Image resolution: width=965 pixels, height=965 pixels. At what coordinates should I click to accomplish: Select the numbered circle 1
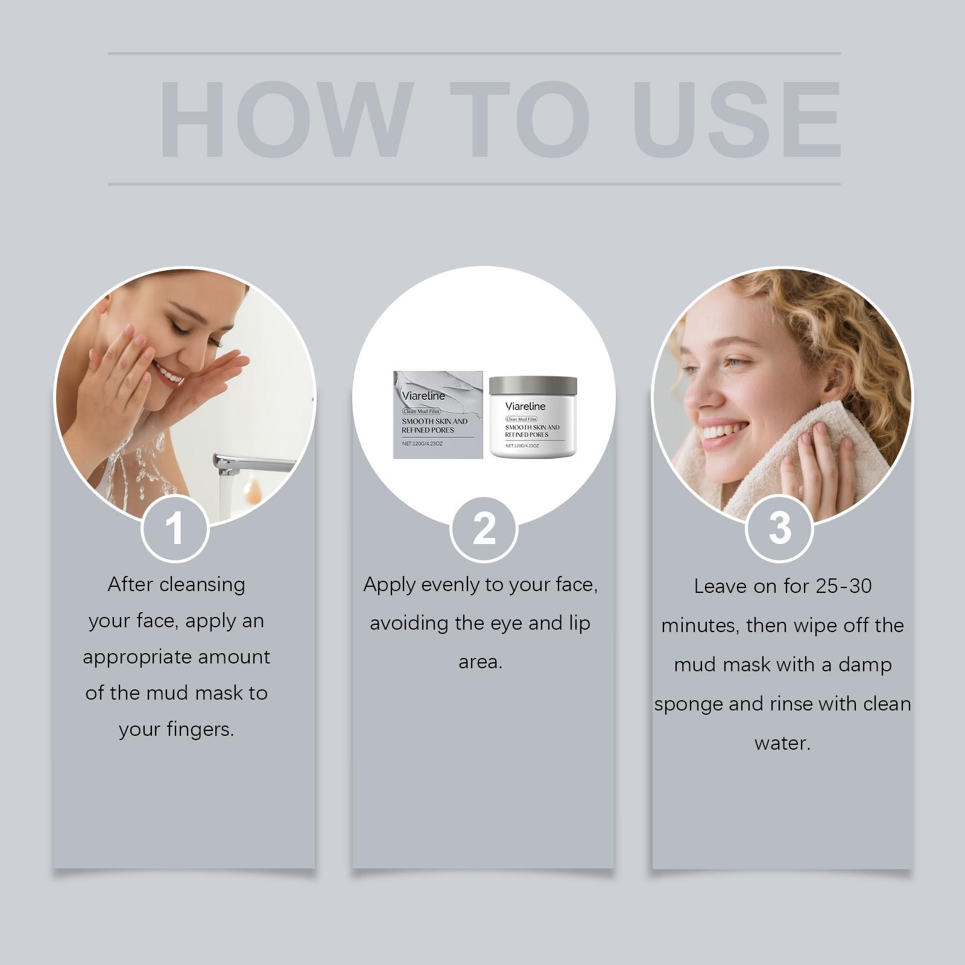[175, 529]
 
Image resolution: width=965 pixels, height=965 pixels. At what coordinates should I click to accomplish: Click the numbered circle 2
[484, 529]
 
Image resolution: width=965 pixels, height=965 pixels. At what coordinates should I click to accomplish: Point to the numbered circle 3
[780, 529]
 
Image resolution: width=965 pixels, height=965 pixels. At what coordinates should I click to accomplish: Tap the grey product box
[438, 415]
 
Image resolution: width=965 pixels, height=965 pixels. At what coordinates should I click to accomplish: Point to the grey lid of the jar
[533, 385]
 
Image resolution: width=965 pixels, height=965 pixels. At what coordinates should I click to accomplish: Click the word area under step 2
[480, 662]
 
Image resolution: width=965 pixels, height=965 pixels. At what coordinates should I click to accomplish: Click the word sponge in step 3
[688, 705]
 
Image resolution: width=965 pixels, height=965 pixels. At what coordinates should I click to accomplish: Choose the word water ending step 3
[782, 743]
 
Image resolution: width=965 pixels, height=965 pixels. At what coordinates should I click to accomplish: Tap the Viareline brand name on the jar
[525, 406]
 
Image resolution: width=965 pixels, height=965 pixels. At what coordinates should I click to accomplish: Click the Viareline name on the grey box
[423, 396]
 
